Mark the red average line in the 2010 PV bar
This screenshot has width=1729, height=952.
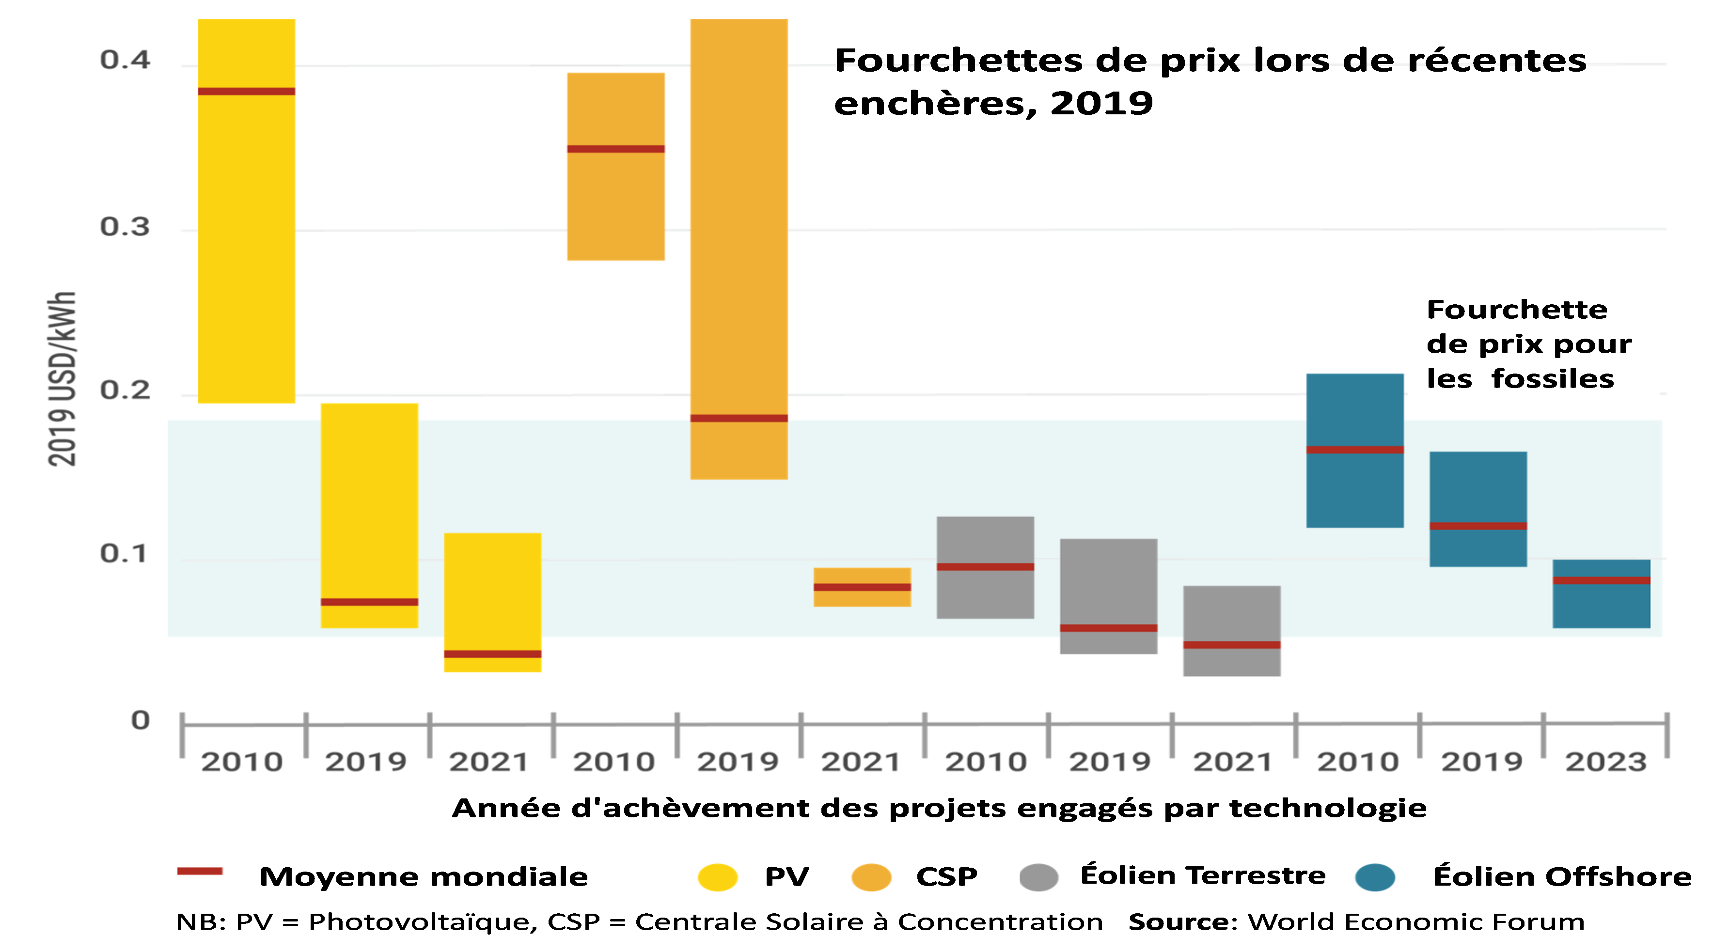246,91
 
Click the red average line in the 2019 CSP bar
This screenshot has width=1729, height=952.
739,418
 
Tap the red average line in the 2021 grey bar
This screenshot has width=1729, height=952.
1232,645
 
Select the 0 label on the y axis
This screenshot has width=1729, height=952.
140,720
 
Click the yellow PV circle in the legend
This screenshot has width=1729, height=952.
718,877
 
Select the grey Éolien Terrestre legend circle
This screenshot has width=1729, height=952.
1038,877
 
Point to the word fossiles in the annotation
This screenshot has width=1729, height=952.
1553,379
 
